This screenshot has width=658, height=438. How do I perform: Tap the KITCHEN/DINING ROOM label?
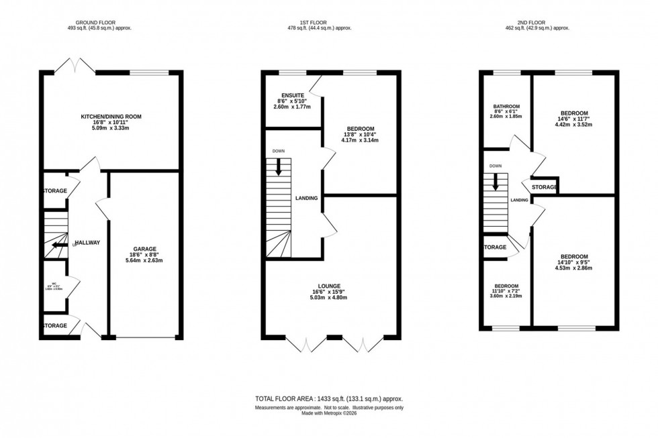(111, 116)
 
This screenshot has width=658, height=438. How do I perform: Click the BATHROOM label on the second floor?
(506, 106)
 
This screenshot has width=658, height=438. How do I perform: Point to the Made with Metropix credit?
(329, 415)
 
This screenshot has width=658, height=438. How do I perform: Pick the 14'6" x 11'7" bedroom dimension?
(571, 119)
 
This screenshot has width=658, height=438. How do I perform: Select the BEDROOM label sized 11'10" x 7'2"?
(505, 285)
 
